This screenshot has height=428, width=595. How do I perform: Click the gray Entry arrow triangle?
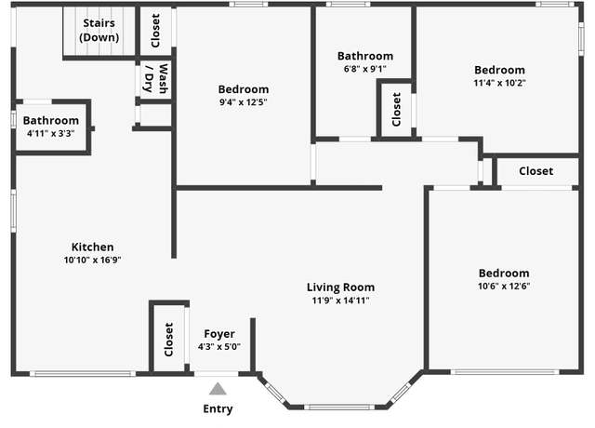[218, 389]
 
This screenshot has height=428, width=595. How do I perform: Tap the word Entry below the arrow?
[218, 409]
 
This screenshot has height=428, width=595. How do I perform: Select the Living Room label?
[341, 288]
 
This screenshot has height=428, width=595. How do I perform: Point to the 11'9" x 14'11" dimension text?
[341, 301]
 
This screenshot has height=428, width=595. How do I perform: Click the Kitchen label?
[93, 247]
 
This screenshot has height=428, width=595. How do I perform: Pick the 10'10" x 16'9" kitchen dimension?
[93, 260]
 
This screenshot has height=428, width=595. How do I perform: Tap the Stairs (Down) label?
[99, 30]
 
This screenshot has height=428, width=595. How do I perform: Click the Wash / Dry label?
[155, 78]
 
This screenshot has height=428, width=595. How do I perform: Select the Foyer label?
[219, 334]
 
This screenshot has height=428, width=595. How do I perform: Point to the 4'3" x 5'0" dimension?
[219, 347]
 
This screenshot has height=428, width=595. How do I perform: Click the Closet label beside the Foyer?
[168, 340]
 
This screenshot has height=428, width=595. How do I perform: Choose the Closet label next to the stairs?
[155, 31]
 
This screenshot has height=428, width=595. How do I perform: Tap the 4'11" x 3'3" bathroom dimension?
[51, 133]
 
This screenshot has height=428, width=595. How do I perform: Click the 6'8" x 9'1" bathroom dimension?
[365, 69]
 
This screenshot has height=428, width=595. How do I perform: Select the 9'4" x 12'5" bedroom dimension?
[244, 102]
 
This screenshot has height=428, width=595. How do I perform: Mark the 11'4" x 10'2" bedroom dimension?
[500, 83]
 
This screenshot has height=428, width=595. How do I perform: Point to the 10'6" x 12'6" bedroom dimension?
[504, 286]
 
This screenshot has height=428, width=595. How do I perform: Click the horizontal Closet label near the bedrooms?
[536, 171]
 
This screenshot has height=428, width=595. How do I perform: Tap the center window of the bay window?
[339, 408]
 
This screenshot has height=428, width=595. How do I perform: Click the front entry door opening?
[217, 374]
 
